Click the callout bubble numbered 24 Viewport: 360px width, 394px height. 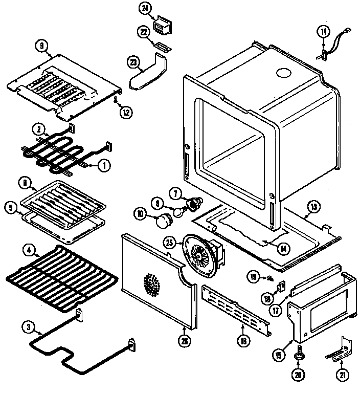click(x=145, y=9)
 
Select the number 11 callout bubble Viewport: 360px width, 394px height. click(x=323, y=32)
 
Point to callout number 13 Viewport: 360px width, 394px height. click(x=313, y=207)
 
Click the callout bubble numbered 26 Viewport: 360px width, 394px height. click(x=184, y=338)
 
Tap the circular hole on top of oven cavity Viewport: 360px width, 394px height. click(x=282, y=74)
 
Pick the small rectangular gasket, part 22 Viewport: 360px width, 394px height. click(x=161, y=47)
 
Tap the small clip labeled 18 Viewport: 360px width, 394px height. click(x=281, y=287)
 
